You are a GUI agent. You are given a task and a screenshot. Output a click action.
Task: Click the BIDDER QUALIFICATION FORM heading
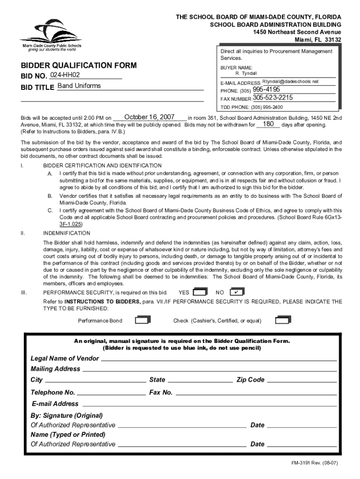coord(78,65)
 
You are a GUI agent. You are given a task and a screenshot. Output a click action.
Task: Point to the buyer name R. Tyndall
coord(246,73)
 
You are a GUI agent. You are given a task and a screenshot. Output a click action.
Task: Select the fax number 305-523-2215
coord(273,98)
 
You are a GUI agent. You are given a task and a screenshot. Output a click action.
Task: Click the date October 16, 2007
coord(149,117)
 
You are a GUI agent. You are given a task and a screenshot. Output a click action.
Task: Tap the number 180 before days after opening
coord(268,124)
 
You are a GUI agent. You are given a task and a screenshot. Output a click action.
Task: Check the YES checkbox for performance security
coord(200,292)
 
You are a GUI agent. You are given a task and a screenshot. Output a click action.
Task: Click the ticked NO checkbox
coord(238,292)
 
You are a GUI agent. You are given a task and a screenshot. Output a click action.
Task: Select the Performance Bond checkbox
coord(142,320)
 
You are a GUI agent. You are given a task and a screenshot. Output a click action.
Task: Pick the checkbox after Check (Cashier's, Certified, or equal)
coord(283,320)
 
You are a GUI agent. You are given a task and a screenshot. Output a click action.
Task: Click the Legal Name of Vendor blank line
coord(219,358)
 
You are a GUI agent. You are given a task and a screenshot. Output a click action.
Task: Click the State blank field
coord(200,380)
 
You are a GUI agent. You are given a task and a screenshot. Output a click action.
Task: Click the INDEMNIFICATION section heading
coord(66,233)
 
